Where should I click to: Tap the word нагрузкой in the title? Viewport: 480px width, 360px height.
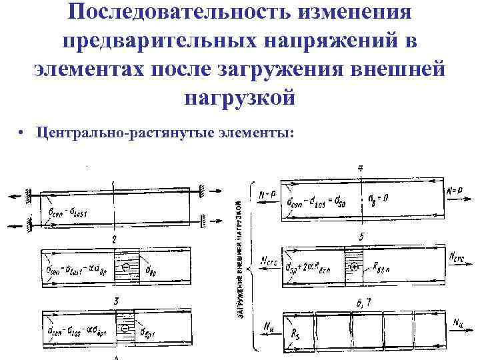pyautogui.click(x=239, y=97)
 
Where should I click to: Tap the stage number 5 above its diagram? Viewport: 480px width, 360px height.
pyautogui.click(x=361, y=237)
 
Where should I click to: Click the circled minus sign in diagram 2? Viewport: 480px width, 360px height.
pyautogui.click(x=125, y=267)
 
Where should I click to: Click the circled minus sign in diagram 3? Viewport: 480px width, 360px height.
pyautogui.click(x=125, y=329)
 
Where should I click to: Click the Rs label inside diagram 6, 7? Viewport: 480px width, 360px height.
pyautogui.click(x=293, y=334)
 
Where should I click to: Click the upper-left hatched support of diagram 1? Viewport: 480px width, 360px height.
pyautogui.click(x=29, y=196)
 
